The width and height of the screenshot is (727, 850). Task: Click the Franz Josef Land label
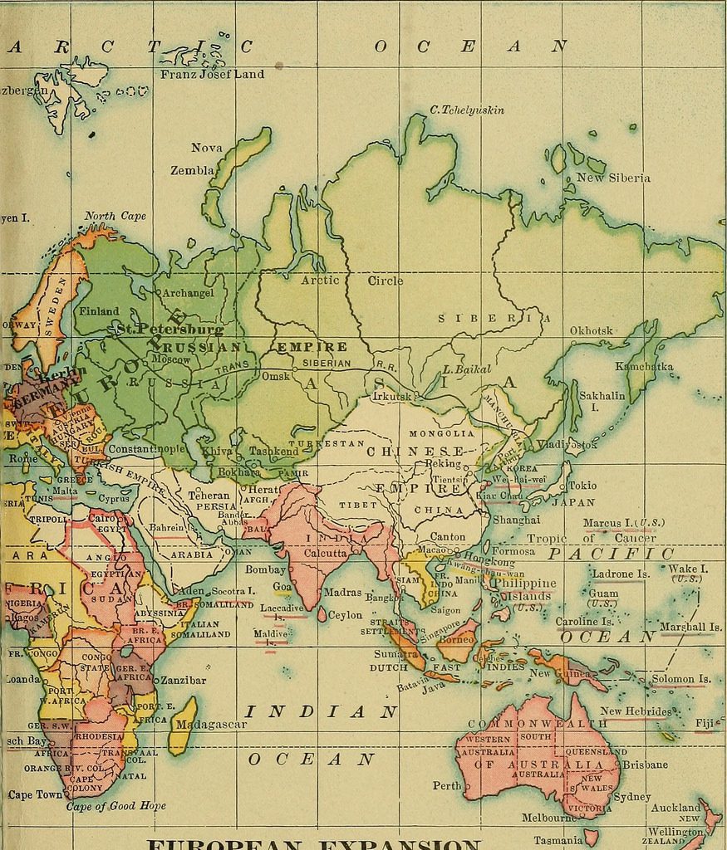click(212, 74)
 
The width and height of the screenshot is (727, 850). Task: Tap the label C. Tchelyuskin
click(467, 110)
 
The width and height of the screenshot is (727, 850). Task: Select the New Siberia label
click(613, 178)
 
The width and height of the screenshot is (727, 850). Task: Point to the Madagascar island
click(183, 725)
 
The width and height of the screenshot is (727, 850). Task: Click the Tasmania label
click(558, 840)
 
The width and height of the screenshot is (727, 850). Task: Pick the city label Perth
click(447, 785)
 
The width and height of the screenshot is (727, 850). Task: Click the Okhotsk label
click(591, 330)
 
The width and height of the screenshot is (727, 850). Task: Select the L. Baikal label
click(467, 369)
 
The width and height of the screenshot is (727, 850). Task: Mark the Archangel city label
click(188, 293)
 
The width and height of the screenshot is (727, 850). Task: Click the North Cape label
click(115, 216)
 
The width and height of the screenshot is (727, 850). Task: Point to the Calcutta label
click(325, 553)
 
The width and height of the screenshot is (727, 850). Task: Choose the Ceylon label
click(345, 615)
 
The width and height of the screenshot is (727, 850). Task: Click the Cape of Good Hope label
click(115, 805)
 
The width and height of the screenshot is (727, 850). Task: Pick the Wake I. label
click(688, 569)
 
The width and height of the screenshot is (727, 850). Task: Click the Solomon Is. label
click(680, 679)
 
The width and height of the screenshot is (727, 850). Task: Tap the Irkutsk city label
click(392, 397)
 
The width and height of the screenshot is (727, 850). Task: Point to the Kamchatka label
click(644, 366)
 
